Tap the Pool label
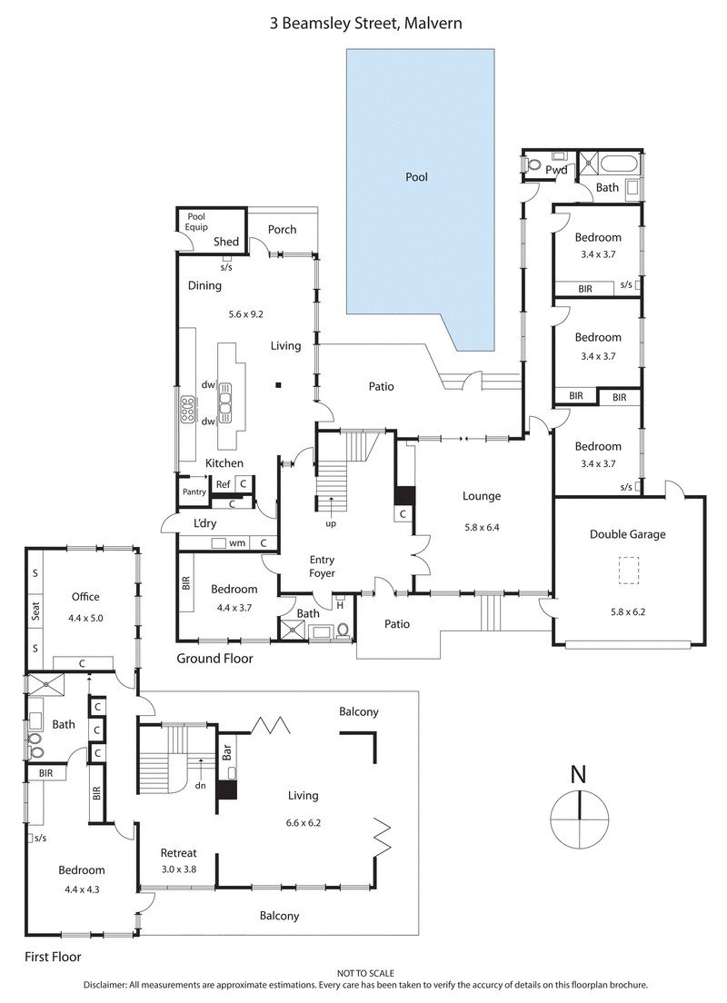point(416,177)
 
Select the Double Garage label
point(627,534)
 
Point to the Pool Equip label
point(196,223)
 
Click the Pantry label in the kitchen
point(194,492)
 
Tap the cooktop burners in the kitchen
point(189,411)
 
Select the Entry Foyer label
point(323,566)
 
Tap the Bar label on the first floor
point(226,754)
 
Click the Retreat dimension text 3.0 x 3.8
point(179,869)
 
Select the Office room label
point(85,597)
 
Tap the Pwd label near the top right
point(556,170)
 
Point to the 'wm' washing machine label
point(238,543)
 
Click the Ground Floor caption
point(214,659)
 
